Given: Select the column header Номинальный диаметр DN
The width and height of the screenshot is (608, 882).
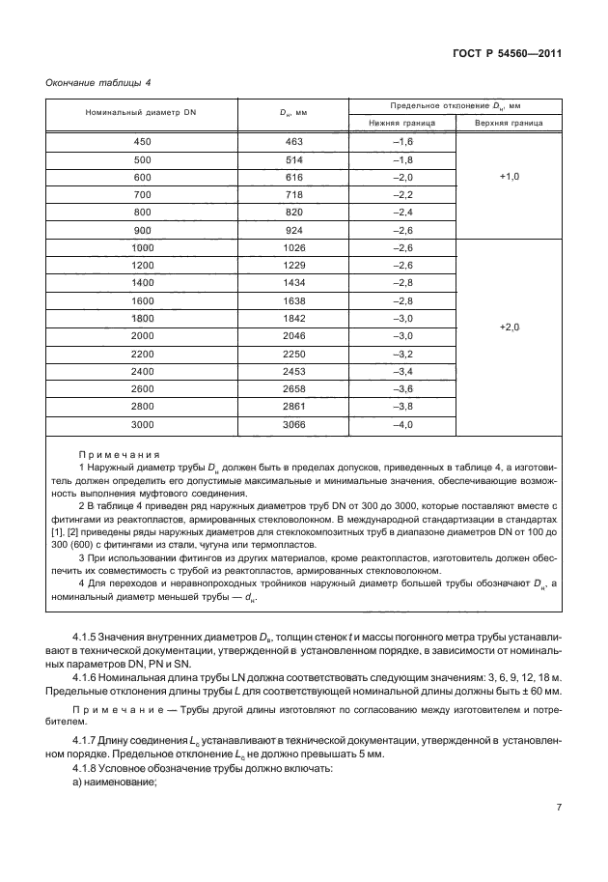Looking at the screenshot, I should [x=141, y=113].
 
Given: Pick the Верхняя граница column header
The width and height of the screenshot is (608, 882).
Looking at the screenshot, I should [x=509, y=124].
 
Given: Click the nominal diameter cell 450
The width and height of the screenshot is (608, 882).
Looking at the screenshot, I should [x=142, y=142].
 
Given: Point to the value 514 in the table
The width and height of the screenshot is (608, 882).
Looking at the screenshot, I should [x=294, y=159].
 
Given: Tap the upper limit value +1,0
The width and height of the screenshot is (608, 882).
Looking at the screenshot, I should [x=509, y=178].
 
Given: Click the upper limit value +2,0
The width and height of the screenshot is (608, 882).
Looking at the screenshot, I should [x=509, y=328].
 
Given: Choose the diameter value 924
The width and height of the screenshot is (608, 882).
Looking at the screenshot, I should [x=294, y=231].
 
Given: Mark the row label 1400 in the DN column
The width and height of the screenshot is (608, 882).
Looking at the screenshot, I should [x=142, y=283].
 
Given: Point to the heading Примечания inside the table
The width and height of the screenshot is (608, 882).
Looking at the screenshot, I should [x=120, y=454].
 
